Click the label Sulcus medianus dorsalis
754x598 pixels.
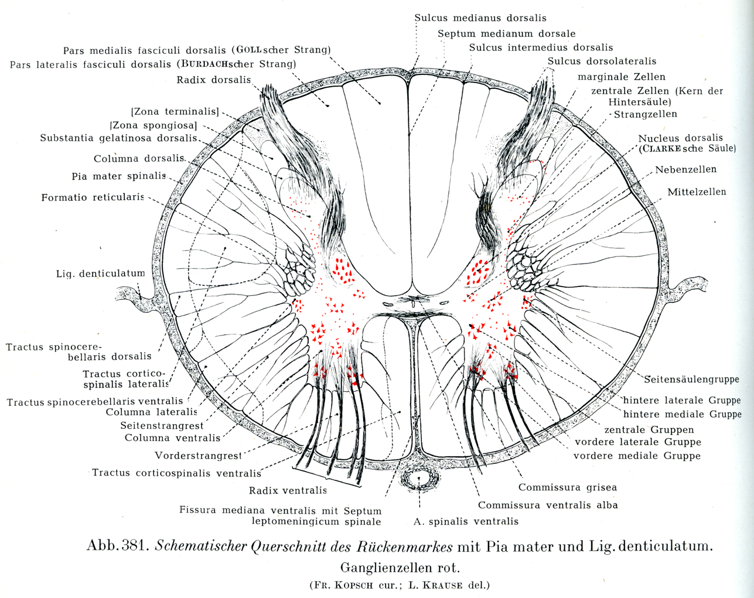[480, 18]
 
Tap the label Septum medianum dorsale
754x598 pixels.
[506, 34]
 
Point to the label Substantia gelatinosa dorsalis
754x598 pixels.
[118, 138]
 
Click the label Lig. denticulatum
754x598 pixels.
[100, 274]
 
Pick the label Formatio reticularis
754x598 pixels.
[93, 197]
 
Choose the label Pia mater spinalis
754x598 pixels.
[118, 176]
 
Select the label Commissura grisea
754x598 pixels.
[567, 487]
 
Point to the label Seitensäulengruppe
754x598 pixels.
[691, 380]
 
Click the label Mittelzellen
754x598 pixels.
[697, 192]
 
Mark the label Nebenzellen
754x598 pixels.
[685, 170]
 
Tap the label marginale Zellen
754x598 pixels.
[621, 77]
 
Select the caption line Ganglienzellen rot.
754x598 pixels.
[400, 568]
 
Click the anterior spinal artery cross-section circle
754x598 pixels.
[419, 480]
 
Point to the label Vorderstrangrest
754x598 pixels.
[198, 455]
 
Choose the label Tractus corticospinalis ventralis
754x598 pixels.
[176, 473]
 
